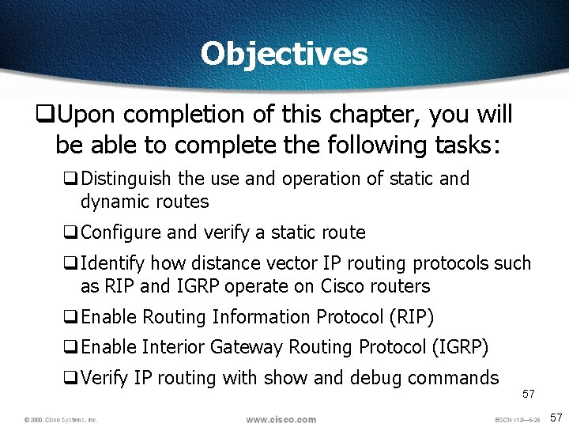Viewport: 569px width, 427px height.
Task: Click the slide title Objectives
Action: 284,55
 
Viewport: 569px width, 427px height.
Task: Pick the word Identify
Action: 114,263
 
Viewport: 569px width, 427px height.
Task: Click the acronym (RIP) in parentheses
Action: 412,317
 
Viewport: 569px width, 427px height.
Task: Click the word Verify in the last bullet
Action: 105,378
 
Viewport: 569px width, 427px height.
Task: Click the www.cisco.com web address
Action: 281,419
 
